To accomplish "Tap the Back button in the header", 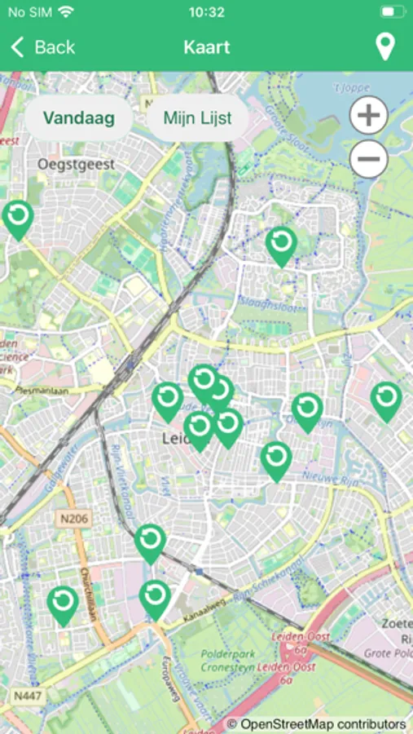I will point(42,47).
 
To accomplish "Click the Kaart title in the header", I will point(206,47).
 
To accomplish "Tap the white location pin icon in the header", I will point(384,47).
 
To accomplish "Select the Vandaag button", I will point(78,117).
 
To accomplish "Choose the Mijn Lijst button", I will point(197,117).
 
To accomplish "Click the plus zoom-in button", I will point(369,116).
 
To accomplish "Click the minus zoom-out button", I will point(369,158).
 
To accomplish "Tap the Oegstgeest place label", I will point(77,164).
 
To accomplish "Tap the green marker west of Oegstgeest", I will point(17,219).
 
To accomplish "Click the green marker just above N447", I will point(63,604).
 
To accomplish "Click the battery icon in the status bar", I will point(392,12).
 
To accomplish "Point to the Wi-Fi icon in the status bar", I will point(65,12).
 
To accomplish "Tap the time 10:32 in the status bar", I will point(206,12).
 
